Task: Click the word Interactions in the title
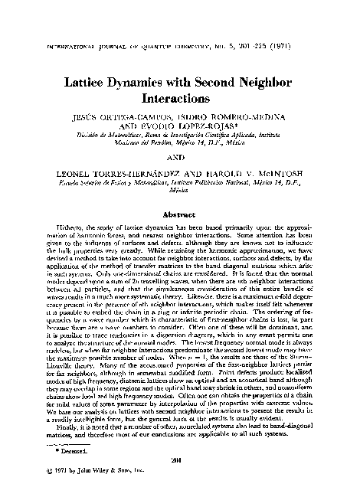tap(180, 100)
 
